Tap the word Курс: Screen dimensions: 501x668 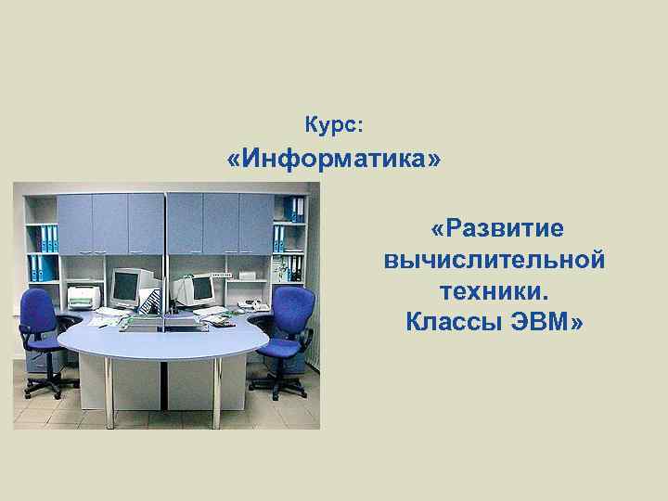pos(334,122)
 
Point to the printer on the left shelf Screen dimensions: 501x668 pos(83,297)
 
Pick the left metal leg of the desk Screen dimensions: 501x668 pos(109,390)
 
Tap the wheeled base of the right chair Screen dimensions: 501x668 pos(277,384)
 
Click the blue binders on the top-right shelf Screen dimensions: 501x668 pos(295,209)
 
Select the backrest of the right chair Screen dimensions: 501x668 pos(294,309)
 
